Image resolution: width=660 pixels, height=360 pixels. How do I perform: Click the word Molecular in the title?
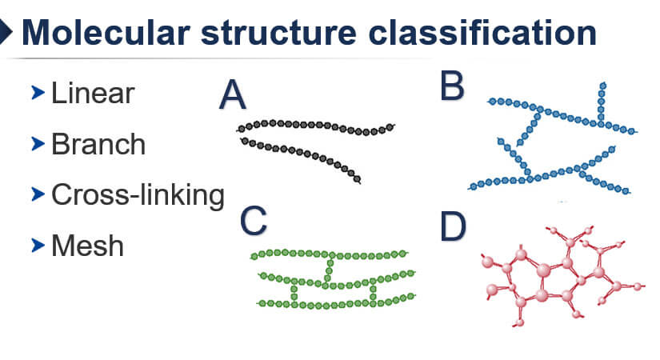pyautogui.click(x=106, y=33)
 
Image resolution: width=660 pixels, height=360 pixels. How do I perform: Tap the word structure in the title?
pyautogui.click(x=278, y=34)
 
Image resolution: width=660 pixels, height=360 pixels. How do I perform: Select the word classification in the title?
pyautogui.click(x=482, y=33)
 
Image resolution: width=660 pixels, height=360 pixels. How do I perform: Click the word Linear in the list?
pyautogui.click(x=93, y=93)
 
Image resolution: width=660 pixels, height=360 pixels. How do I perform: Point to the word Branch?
pyautogui.click(x=98, y=144)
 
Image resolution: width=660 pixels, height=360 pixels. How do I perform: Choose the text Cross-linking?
pyautogui.click(x=138, y=195)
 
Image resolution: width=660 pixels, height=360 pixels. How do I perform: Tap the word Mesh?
pyautogui.click(x=87, y=246)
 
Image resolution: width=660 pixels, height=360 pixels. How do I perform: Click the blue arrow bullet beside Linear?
pyautogui.click(x=38, y=93)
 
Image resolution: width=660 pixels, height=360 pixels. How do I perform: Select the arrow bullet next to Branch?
pyautogui.click(x=38, y=143)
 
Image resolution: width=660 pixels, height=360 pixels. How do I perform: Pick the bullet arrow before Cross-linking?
pyautogui.click(x=38, y=194)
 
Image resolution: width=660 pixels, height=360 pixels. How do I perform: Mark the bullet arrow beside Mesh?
pyautogui.click(x=38, y=245)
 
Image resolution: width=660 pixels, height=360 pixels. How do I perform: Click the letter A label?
pyautogui.click(x=232, y=94)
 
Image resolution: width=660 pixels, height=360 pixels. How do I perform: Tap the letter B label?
pyautogui.click(x=452, y=86)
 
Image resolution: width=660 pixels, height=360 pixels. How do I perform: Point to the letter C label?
pyautogui.click(x=253, y=220)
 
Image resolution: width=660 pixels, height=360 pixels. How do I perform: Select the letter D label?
pyautogui.click(x=453, y=226)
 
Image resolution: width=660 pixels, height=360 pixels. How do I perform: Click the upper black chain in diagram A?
pyautogui.click(x=316, y=125)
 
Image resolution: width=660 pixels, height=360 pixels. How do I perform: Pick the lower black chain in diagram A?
pyautogui.click(x=301, y=153)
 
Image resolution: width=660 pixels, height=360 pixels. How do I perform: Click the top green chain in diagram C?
pyautogui.click(x=329, y=254)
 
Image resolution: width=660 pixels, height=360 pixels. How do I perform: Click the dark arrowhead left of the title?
pyautogui.click(x=6, y=31)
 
